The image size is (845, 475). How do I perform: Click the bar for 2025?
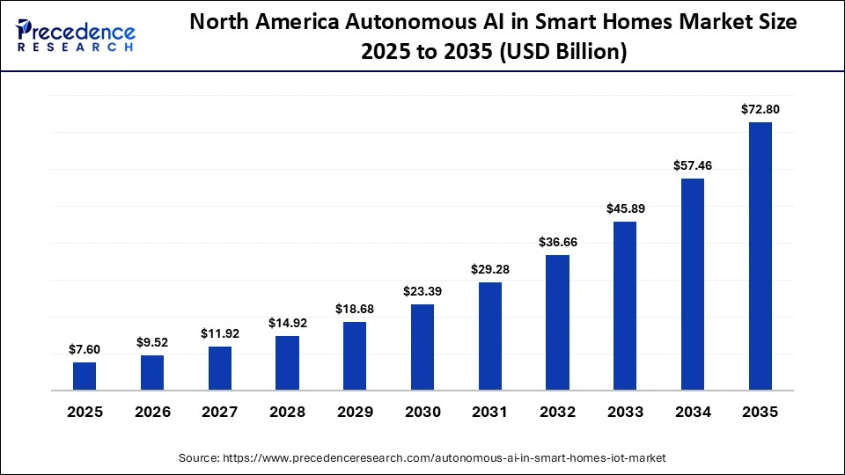click(84, 376)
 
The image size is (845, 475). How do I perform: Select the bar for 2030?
click(422, 347)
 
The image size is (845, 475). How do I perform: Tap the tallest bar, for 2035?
click(760, 255)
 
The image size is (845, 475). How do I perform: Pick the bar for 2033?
click(625, 305)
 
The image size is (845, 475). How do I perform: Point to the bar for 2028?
click(287, 362)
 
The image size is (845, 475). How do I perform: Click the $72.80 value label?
click(760, 109)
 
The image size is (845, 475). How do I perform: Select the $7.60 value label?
click(84, 349)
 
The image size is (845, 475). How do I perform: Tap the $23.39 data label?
click(422, 291)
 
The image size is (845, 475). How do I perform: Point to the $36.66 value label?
click(557, 242)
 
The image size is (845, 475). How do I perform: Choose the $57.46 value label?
click(693, 165)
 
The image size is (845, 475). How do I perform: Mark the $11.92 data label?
click(220, 333)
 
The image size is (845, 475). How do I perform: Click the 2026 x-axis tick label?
click(152, 412)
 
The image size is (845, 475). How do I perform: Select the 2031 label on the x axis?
click(489, 412)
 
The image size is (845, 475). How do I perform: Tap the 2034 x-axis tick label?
click(693, 412)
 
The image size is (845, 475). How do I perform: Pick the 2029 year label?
click(355, 412)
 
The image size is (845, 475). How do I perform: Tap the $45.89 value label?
click(625, 208)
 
